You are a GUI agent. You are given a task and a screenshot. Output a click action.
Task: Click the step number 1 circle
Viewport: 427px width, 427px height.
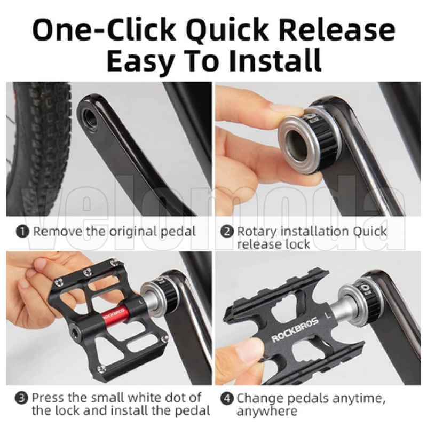(22, 232)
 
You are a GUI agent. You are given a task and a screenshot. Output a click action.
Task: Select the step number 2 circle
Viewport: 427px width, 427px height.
(227, 232)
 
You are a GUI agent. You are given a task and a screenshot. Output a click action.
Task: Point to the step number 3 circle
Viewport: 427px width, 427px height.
(21, 398)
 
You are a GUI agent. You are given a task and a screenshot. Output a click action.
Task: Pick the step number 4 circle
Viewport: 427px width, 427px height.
(227, 399)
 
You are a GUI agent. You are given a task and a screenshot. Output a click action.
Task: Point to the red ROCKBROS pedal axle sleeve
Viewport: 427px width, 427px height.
(115, 314)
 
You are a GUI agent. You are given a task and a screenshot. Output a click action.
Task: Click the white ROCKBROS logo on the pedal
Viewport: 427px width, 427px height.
(295, 330)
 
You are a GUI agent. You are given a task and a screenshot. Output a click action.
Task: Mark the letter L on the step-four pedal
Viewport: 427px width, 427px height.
(329, 315)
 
